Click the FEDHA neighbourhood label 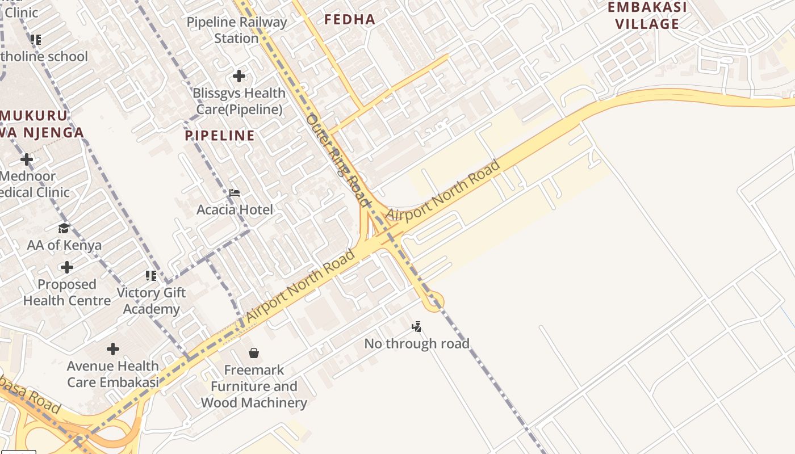tap(350, 19)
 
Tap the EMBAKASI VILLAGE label tap(647, 15)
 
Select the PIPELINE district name tap(220, 135)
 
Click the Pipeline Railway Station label tap(237, 30)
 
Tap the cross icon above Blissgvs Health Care tap(239, 75)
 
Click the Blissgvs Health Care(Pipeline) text tap(239, 101)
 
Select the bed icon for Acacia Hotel tap(235, 193)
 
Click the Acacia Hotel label tap(235, 209)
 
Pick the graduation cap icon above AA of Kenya tap(64, 228)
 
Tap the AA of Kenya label tap(64, 245)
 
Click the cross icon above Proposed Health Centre tap(67, 267)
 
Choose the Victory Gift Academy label tap(151, 301)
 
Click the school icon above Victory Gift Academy tap(150, 276)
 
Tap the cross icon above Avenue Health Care tap(113, 348)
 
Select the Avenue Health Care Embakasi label tap(113, 374)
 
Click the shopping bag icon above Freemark tap(254, 353)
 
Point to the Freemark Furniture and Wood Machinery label tap(254, 386)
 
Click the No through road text tap(417, 343)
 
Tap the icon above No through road tap(417, 326)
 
